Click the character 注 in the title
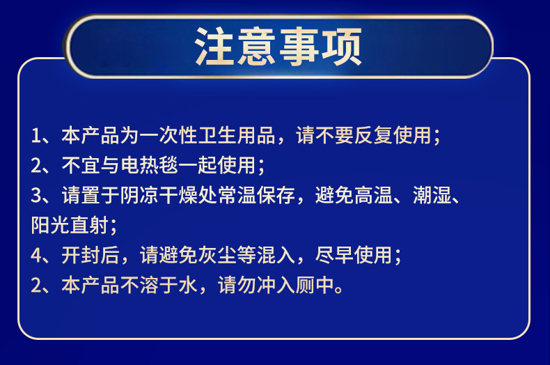coord(214,47)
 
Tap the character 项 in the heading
coord(342,47)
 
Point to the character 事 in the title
coord(299,47)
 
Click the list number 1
coord(36,135)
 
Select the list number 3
coord(36,195)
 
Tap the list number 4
coord(36,255)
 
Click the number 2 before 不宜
coord(36,165)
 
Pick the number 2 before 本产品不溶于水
coord(36,285)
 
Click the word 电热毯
coord(150,165)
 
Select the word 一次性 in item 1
coord(169,135)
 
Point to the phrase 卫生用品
coord(237,135)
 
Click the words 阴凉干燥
coord(159,195)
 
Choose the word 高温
coord(373,195)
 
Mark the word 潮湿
coord(432,195)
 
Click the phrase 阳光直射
coord(70,225)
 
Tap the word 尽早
coord(334,255)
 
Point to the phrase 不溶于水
coord(159,285)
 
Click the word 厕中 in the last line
coord(315,285)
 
